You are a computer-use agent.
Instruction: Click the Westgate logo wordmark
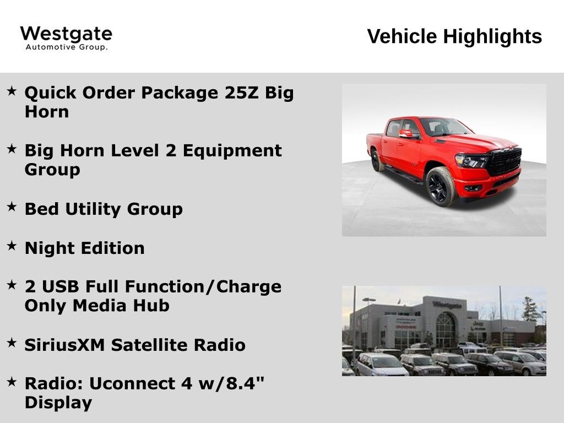tap(66, 34)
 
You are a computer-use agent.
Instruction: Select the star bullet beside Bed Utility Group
tap(12, 207)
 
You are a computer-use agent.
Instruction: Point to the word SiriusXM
tap(65, 345)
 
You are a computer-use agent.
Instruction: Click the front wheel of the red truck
tap(441, 186)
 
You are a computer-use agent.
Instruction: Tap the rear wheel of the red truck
tap(376, 160)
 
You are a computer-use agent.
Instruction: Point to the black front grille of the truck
tap(504, 161)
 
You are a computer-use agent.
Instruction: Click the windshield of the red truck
tap(443, 127)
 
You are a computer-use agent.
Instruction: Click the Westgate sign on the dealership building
tap(447, 305)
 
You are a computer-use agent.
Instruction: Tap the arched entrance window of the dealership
tap(445, 330)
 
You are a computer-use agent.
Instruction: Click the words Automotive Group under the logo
tap(66, 47)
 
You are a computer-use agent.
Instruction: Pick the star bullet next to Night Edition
tap(12, 246)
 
